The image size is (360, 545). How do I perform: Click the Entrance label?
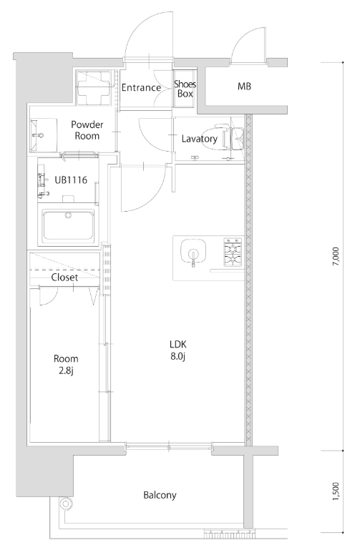141,87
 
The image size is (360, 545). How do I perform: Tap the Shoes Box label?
185,89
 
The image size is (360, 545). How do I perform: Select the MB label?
244,87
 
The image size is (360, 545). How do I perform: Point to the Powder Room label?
87,130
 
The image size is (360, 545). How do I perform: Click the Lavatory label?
199,139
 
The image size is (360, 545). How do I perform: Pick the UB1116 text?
71,180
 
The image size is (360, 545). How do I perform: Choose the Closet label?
64,278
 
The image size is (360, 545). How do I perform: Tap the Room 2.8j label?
66,365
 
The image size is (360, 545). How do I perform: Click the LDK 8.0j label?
178,350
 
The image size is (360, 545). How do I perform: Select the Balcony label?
160,495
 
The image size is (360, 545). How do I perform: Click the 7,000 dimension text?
335,257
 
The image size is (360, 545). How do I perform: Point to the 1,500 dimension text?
335,491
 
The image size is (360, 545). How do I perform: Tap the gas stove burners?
233,252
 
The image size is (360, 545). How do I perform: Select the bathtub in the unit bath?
69,225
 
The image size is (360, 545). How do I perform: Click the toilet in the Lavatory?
222,138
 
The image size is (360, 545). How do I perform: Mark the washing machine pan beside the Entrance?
93,88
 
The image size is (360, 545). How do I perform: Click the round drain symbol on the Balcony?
65,504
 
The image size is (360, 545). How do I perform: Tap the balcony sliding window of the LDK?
169,446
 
